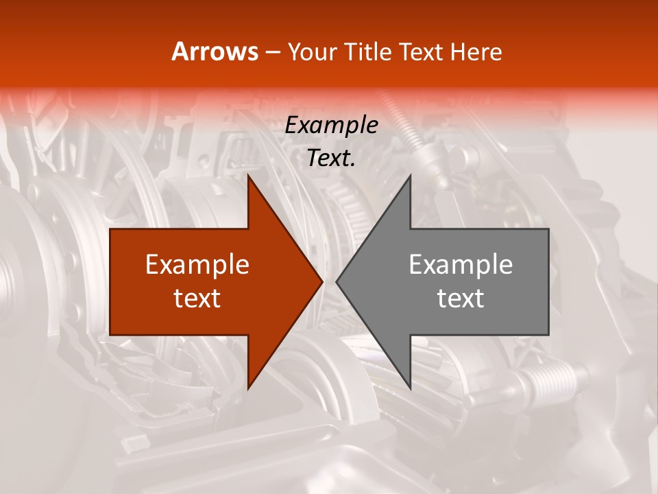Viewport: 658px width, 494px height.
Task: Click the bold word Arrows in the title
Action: (x=215, y=51)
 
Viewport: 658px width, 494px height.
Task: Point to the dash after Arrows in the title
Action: (x=272, y=53)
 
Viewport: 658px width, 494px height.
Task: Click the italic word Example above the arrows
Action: (x=331, y=125)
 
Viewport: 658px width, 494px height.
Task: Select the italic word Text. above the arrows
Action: (x=331, y=158)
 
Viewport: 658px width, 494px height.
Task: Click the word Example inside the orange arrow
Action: (x=197, y=264)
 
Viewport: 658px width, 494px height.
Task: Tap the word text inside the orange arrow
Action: (x=197, y=298)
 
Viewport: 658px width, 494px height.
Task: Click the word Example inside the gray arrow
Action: (x=461, y=264)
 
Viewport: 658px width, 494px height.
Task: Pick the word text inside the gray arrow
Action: (x=461, y=298)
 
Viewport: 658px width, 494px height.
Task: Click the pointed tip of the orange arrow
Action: (x=321, y=281)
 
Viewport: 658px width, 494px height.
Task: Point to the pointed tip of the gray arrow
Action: (x=337, y=281)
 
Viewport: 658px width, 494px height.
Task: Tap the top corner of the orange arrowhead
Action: (x=248, y=176)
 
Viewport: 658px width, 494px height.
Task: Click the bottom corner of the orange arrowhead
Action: (x=248, y=388)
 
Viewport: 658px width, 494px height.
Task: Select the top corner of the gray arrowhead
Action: (x=410, y=176)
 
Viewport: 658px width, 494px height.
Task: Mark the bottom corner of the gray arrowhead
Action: (x=410, y=388)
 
